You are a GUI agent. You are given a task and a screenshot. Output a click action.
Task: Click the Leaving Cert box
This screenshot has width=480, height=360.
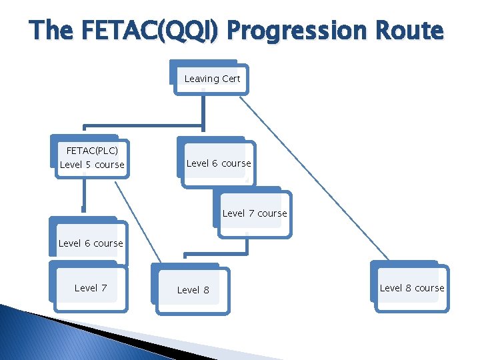pyautogui.click(x=212, y=79)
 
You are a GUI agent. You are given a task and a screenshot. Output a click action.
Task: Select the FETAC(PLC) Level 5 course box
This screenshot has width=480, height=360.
pyautogui.click(x=92, y=157)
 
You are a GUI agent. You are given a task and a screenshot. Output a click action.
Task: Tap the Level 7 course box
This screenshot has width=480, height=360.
pyautogui.click(x=254, y=213)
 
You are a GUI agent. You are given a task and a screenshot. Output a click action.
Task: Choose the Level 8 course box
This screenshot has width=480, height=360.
pyautogui.click(x=411, y=288)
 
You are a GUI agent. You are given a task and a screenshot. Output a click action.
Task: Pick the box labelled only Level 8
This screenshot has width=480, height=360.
pyautogui.click(x=193, y=290)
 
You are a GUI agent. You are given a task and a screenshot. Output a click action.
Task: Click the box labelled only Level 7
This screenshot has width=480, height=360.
pyautogui.click(x=91, y=288)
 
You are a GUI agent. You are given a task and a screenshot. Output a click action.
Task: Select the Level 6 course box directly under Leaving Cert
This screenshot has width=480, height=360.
pyautogui.click(x=218, y=163)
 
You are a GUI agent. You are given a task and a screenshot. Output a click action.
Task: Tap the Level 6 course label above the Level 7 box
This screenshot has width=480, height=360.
pyautogui.click(x=91, y=243)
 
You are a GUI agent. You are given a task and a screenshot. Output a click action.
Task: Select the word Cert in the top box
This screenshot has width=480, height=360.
pyautogui.click(x=231, y=79)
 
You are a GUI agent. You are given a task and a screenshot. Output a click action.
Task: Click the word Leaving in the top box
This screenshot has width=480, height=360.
pyautogui.click(x=201, y=79)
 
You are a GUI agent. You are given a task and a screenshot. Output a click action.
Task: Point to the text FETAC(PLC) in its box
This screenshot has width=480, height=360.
pyautogui.click(x=92, y=151)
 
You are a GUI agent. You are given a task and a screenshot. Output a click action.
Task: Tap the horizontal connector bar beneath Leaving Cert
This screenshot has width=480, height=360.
pyautogui.click(x=143, y=125)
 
